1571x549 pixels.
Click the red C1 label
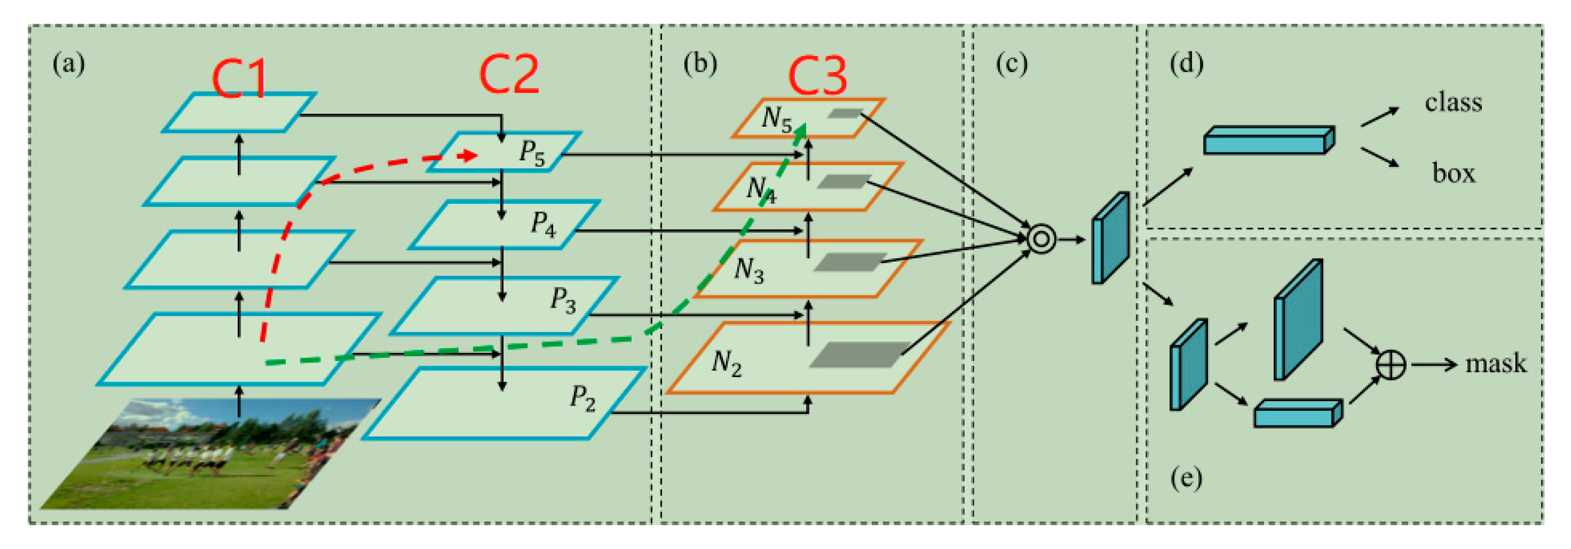pos(239,79)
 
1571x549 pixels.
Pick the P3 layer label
pos(563,300)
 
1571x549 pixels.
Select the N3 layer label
pos(748,270)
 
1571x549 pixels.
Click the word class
pos(1453,102)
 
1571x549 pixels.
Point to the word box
pos(1453,174)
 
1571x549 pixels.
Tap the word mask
pos(1496,364)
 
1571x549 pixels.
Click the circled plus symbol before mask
pos(1391,365)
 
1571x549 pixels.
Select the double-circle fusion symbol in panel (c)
pos(1040,239)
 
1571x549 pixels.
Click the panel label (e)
pos(1186,478)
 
